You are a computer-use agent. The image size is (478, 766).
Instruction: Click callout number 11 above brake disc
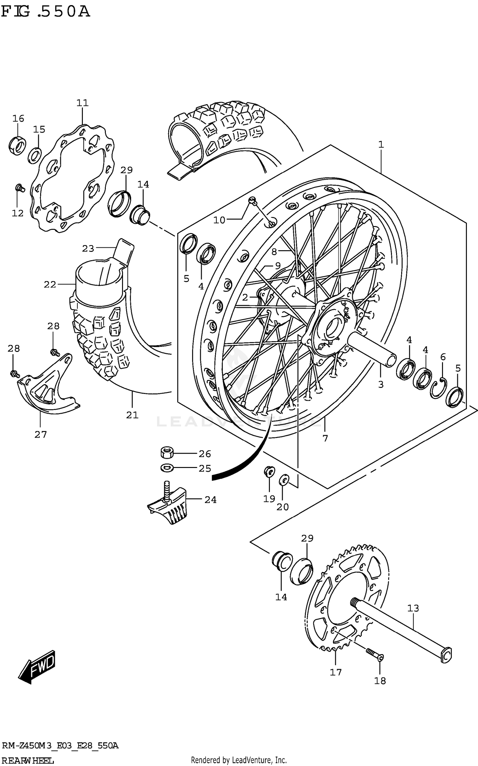[x=82, y=103]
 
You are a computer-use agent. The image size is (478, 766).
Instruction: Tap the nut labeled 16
[x=17, y=145]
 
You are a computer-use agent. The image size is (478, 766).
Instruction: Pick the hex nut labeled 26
[x=167, y=452]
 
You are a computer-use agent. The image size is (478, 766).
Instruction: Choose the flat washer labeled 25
[x=167, y=468]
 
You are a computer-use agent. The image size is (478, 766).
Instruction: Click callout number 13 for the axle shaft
[x=413, y=608]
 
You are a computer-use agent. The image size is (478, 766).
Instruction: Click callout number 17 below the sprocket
[x=336, y=672]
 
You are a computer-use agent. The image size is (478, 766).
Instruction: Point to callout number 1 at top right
[x=381, y=144]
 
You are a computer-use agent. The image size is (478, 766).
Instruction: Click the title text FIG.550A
[x=45, y=12]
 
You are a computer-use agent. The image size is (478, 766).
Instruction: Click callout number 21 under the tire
[x=132, y=415]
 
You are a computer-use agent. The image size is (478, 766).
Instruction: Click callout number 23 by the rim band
[x=88, y=248]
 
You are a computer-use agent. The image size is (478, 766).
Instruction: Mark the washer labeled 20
[x=283, y=479]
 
